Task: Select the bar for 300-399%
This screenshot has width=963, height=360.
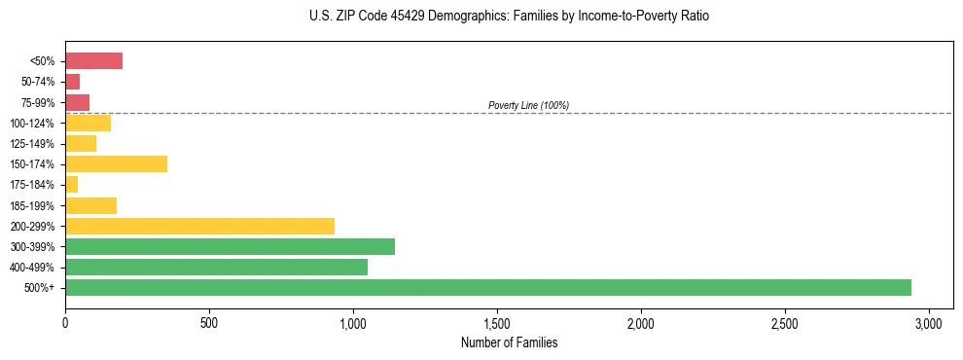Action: [x=230, y=246]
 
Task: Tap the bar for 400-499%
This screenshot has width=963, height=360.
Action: [x=216, y=267]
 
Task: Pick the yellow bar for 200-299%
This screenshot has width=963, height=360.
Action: [x=199, y=226]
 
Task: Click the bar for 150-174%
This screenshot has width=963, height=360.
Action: [x=116, y=163]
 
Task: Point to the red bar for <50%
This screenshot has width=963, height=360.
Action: [x=93, y=61]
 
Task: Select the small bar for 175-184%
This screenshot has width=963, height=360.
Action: [x=71, y=184]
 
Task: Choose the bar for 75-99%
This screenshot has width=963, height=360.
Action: [x=77, y=102]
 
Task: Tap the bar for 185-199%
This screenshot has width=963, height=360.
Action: [x=90, y=205]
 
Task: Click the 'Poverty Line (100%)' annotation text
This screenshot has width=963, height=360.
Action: [x=528, y=105]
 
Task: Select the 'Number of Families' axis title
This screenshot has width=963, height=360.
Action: [x=509, y=342]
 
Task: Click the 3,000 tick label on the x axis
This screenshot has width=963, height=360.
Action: [x=929, y=322]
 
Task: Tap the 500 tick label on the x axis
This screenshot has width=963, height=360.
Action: [x=209, y=322]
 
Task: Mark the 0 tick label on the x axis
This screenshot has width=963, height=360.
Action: [x=65, y=322]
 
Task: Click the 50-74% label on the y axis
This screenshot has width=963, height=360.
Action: [x=39, y=82]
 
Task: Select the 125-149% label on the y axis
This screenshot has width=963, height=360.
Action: [x=34, y=143]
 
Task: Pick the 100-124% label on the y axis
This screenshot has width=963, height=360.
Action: [x=34, y=123]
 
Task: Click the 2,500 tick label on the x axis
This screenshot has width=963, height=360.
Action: [x=785, y=322]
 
